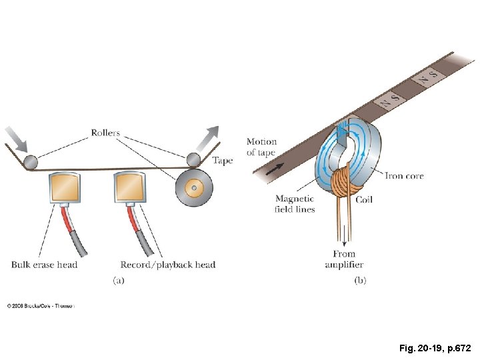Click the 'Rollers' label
(105, 133)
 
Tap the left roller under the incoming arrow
(30, 161)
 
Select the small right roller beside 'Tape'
(193, 159)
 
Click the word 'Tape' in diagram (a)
(223, 161)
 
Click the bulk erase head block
(65, 189)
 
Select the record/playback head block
(130, 189)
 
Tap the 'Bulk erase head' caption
(44, 265)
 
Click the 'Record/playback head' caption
(168, 265)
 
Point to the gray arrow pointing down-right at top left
(16, 141)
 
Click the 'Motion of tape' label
(261, 147)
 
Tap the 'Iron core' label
(404, 176)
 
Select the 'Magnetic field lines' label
(295, 204)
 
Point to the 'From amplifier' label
(344, 259)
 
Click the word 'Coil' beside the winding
(364, 199)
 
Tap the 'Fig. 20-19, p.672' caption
(435, 348)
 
